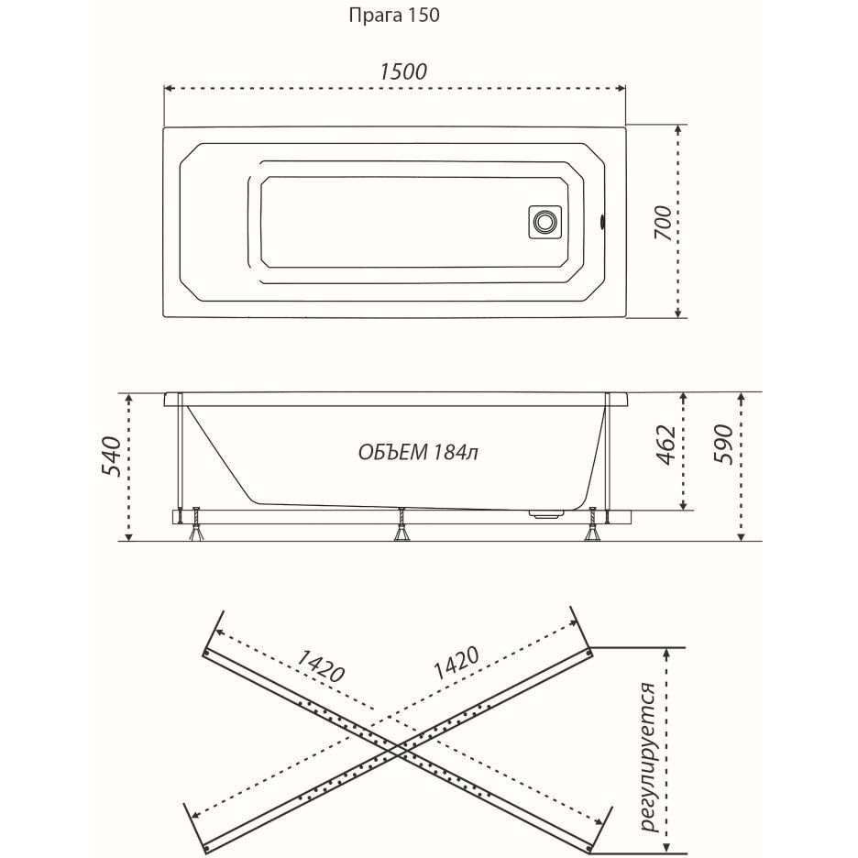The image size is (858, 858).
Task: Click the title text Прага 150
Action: coord(394,16)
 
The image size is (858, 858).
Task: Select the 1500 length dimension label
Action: coord(402,71)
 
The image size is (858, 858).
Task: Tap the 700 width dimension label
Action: coord(663,224)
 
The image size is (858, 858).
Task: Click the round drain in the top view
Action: coord(545,222)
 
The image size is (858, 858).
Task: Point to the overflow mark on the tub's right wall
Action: coord(602,222)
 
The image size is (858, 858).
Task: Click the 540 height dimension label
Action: coord(111,456)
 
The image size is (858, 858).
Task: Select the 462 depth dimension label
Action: coord(666,445)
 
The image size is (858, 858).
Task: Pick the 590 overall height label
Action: coord(724,444)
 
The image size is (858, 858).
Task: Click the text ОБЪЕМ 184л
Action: coord(418,453)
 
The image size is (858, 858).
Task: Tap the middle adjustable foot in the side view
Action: coord(402,525)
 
